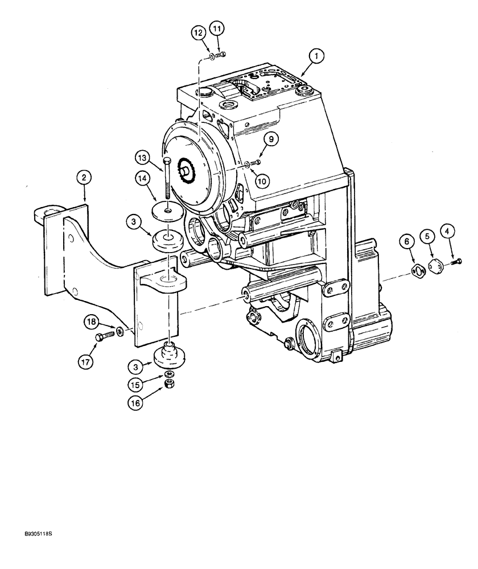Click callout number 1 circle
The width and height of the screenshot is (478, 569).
[x=317, y=56]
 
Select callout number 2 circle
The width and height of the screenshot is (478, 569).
[x=84, y=178]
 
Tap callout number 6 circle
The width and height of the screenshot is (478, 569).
[x=406, y=242]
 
